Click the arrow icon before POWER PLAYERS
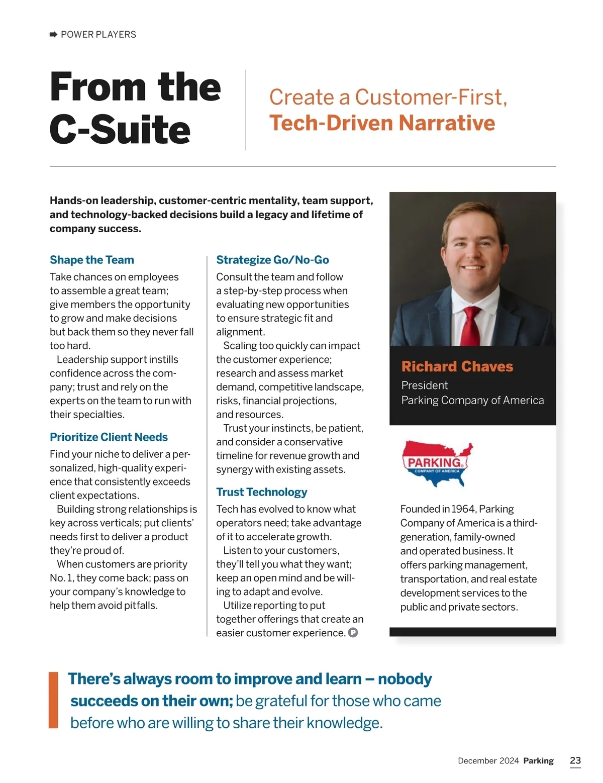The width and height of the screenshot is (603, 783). point(54,34)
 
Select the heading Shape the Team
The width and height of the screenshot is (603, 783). point(92,260)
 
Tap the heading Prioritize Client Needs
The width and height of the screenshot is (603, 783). point(109,437)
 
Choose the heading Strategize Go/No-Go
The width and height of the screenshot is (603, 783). point(272,260)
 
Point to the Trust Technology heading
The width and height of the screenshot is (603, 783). point(261,492)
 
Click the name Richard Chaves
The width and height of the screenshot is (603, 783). point(457,366)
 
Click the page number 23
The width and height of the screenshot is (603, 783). point(575,760)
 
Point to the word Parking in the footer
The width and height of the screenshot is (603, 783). point(538,761)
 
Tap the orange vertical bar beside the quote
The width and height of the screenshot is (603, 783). point(53,700)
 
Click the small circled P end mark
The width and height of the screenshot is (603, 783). point(353,633)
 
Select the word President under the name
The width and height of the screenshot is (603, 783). point(424,385)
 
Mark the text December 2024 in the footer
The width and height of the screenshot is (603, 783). point(488,761)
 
